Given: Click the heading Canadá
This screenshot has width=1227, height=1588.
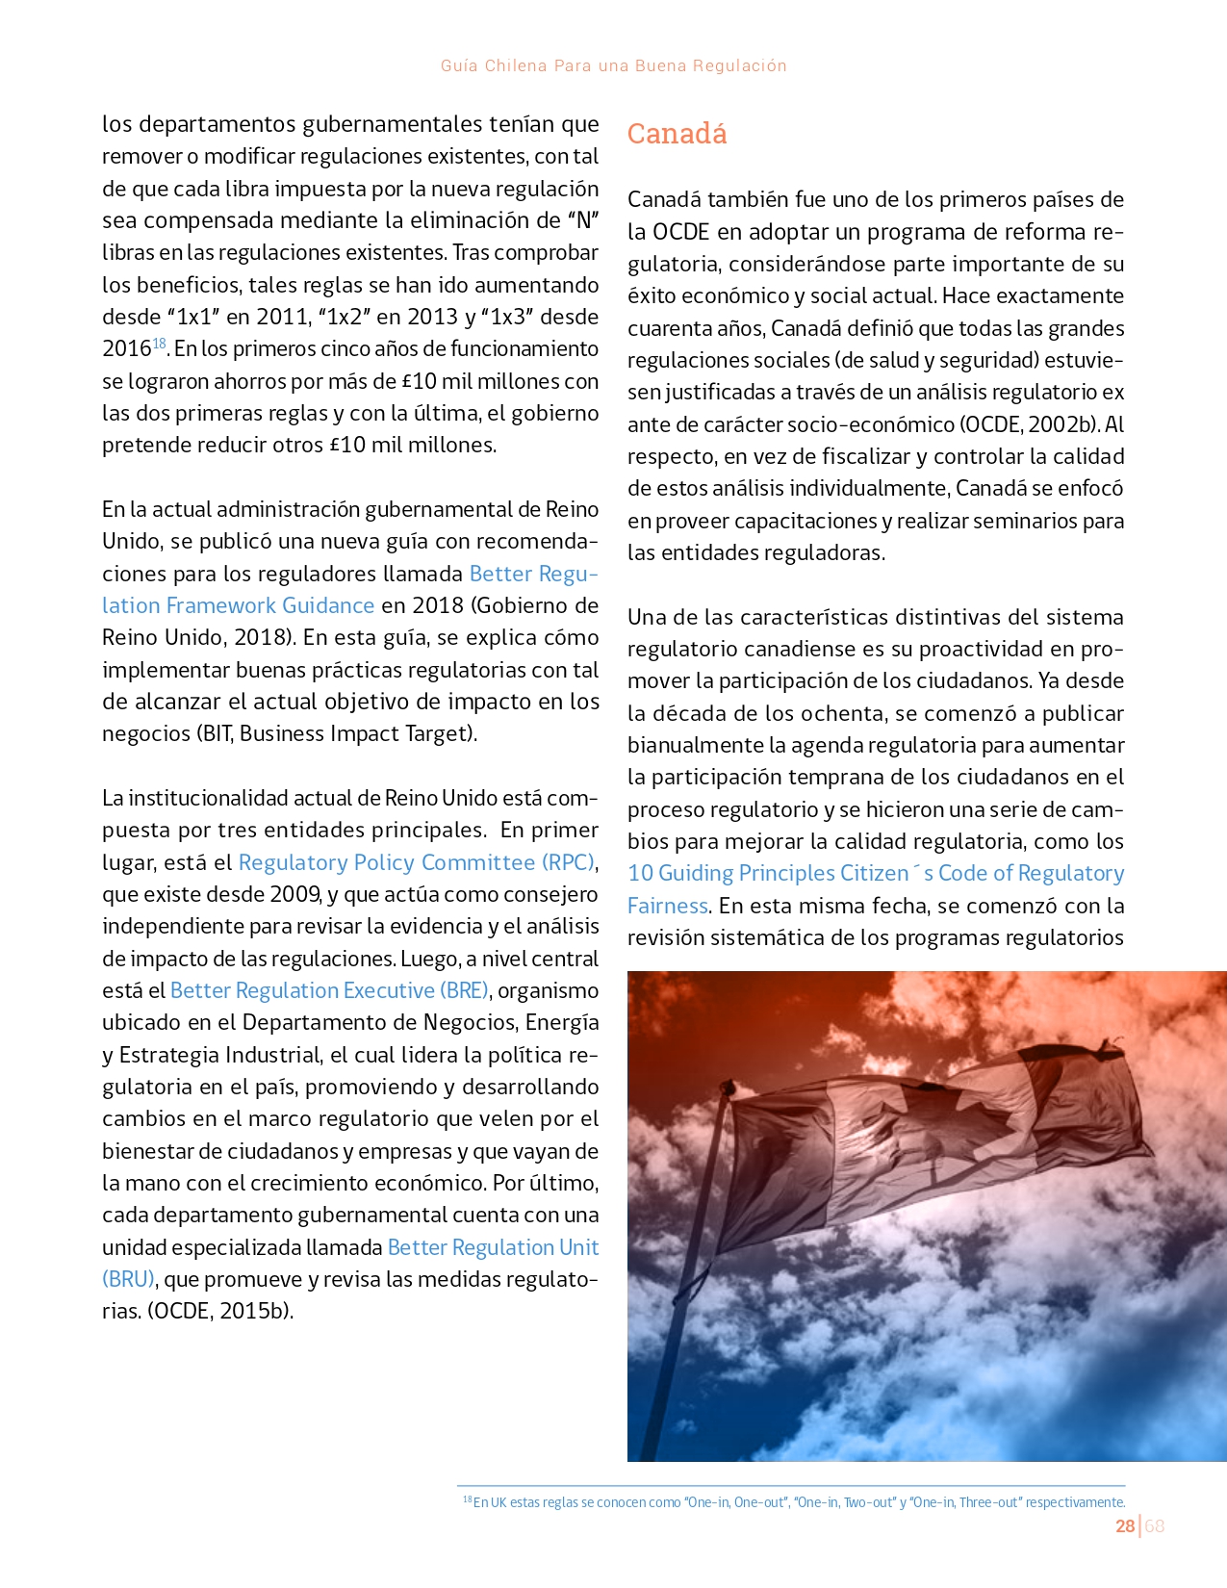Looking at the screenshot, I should pos(677,134).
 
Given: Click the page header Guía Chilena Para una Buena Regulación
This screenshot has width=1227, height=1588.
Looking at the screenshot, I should pos(613,65).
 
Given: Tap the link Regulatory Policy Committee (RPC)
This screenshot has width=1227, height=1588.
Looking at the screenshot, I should pos(416,862).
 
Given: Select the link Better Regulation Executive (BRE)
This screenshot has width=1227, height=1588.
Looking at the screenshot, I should pos(329,990).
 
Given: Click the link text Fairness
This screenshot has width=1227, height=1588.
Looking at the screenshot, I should pos(667,906).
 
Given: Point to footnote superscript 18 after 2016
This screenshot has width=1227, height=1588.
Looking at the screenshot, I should pos(160,343).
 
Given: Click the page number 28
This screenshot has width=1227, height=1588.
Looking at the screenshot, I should pos(1124,1525).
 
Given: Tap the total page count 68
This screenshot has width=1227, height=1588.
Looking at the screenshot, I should pos(1155,1525).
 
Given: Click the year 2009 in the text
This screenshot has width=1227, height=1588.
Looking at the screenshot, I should pos(295,894).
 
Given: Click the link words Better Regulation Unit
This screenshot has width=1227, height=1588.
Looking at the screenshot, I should pos(493,1247).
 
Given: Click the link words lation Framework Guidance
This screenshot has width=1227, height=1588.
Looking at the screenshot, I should pos(238,605).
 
